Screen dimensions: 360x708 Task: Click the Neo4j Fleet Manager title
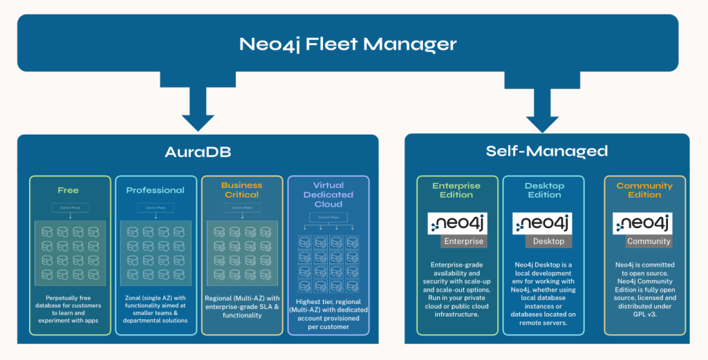point(348,44)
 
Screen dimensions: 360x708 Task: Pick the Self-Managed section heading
point(546,151)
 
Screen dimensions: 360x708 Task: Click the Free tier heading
point(68,190)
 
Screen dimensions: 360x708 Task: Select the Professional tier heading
point(155,190)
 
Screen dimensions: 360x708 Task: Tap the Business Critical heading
point(241,190)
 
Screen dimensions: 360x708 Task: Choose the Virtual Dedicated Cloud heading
point(328,195)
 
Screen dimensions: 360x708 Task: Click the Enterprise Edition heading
point(457,190)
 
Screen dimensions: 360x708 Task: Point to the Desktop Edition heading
point(544,190)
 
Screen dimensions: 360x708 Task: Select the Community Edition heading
point(644,190)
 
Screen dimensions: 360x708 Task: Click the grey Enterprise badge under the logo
point(463,242)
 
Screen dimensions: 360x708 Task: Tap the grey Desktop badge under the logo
point(548,242)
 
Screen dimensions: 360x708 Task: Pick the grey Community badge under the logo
point(649,242)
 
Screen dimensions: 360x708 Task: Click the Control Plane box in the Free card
point(68,207)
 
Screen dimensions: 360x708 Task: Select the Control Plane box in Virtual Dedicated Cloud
point(328,218)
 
